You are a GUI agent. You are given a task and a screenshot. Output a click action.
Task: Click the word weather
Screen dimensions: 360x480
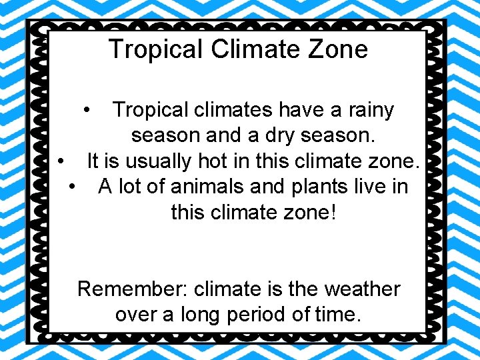pyautogui.click(x=362, y=289)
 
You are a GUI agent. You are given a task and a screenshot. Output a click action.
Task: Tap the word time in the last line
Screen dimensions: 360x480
pyautogui.click(x=339, y=314)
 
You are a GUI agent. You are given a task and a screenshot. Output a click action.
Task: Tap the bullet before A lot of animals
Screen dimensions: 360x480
pyautogui.click(x=73, y=187)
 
